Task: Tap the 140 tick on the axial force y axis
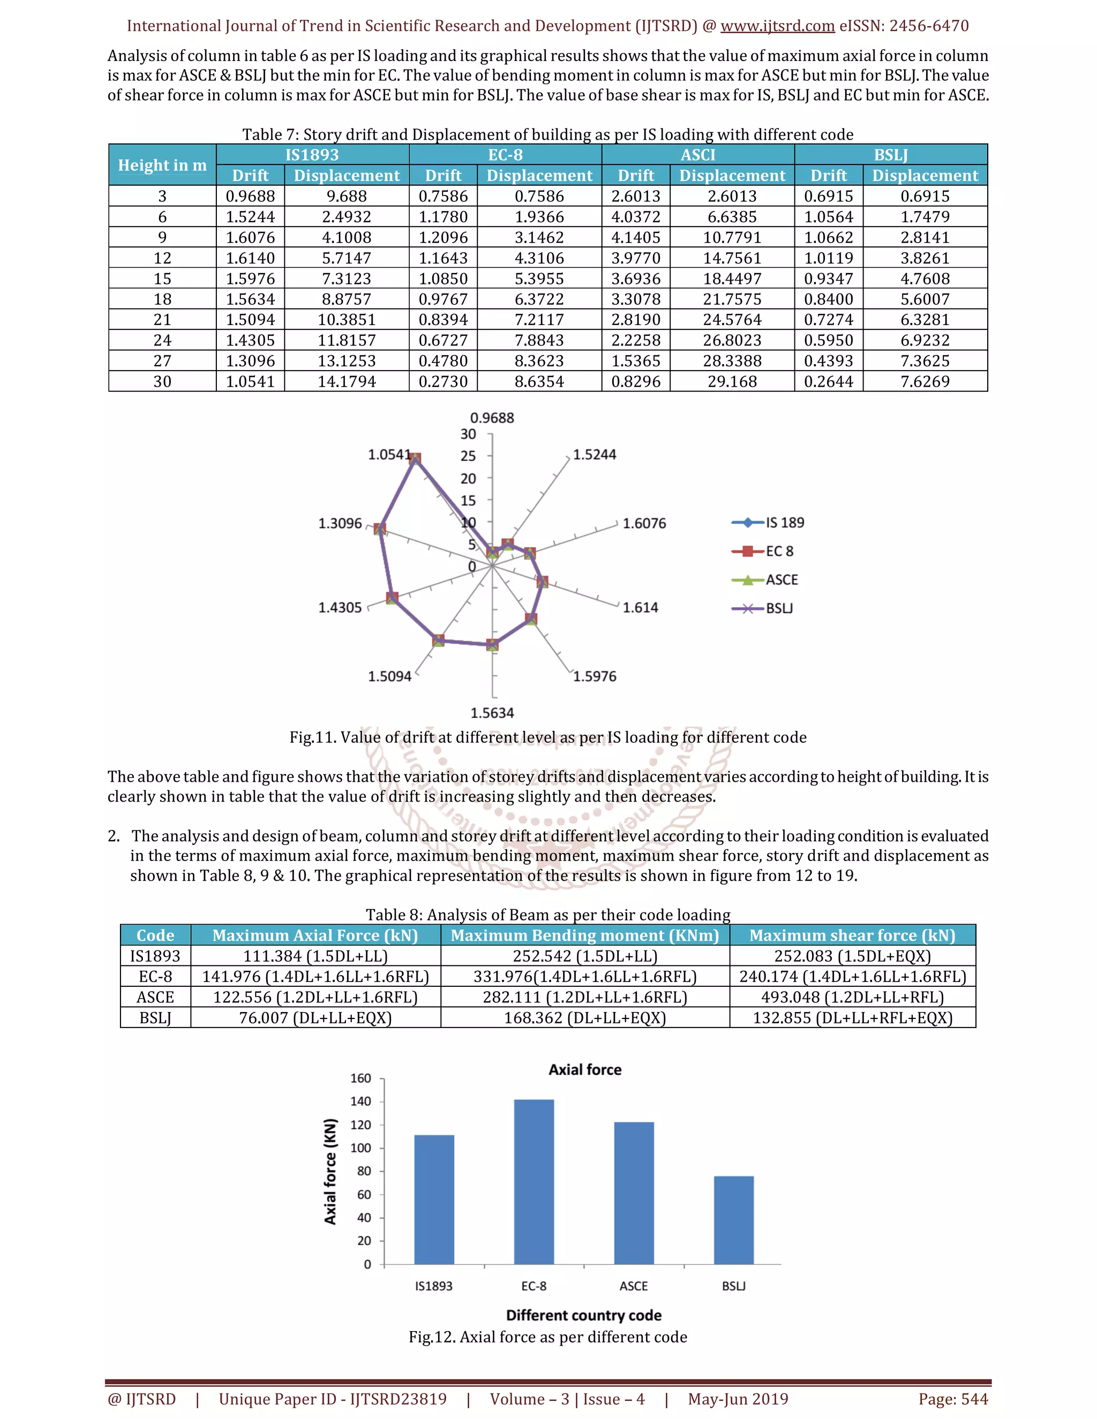[x=360, y=1101]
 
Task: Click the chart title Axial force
[x=584, y=1069]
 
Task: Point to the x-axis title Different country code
[x=584, y=1315]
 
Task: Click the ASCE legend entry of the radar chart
[x=781, y=579]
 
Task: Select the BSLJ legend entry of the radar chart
[x=779, y=608]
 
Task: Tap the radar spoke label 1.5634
[x=492, y=713]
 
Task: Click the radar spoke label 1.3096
[x=340, y=523]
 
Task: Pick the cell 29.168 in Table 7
[x=732, y=381]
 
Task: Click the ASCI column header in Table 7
[x=698, y=155]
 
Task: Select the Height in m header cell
[x=162, y=165]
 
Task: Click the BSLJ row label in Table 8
[x=155, y=1017]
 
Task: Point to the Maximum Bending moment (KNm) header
[x=584, y=935]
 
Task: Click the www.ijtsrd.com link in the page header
[x=777, y=26]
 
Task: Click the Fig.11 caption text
[x=548, y=737]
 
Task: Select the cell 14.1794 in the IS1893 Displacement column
[x=347, y=381]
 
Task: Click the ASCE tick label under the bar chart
[x=633, y=1286]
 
